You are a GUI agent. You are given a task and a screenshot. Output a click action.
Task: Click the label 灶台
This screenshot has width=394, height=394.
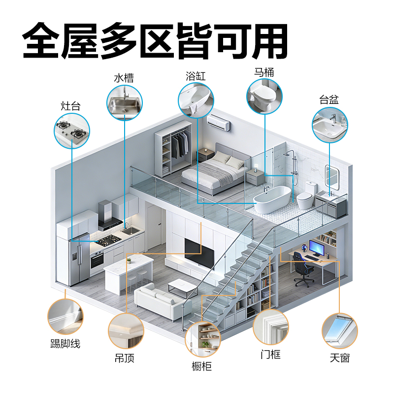click(70, 106)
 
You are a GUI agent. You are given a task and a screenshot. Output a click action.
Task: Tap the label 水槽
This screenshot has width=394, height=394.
click(124, 78)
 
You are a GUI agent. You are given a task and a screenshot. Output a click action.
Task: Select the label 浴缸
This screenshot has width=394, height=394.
click(196, 76)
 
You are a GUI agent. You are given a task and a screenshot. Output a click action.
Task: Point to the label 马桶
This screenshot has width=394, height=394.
click(264, 72)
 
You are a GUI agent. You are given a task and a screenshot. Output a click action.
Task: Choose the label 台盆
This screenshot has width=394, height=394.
click(329, 99)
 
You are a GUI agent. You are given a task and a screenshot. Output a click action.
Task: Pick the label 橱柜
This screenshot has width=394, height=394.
click(202, 366)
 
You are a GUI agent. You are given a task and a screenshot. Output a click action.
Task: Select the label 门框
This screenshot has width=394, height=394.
click(270, 354)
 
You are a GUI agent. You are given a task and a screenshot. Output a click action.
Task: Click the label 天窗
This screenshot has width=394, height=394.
click(340, 358)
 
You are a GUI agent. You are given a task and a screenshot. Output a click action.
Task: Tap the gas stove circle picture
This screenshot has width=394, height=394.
click(72, 130)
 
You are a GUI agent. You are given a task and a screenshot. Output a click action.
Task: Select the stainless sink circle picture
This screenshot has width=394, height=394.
click(125, 102)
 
